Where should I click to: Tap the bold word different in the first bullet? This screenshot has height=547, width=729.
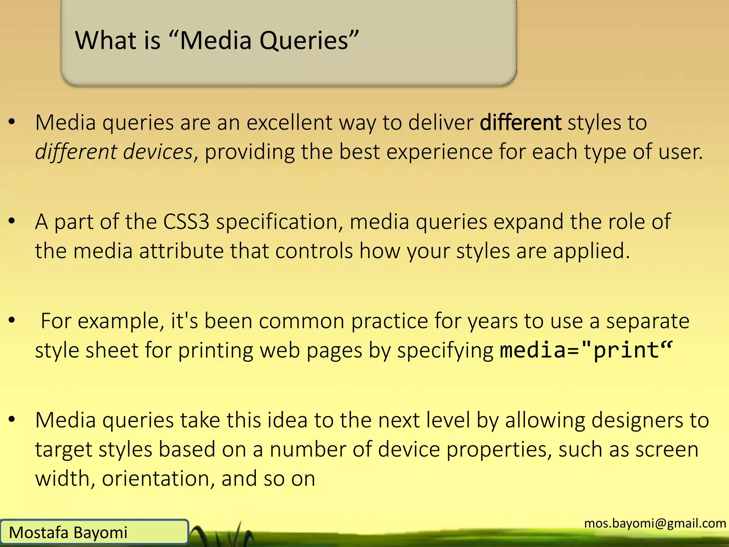tap(520, 123)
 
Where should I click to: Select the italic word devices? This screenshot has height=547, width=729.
tap(158, 152)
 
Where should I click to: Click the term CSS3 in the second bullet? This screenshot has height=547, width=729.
tap(186, 222)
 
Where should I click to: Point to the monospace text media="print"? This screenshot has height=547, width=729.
tap(586, 350)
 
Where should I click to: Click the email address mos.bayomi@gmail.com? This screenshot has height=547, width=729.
tap(655, 523)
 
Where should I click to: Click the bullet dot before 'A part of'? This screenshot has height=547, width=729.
tap(12, 221)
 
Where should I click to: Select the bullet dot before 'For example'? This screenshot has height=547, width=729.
tap(12, 321)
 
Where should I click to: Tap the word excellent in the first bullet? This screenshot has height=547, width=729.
tap(289, 123)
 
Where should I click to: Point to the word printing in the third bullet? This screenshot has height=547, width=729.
tap(216, 351)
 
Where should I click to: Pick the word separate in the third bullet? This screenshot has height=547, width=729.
tap(648, 322)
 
